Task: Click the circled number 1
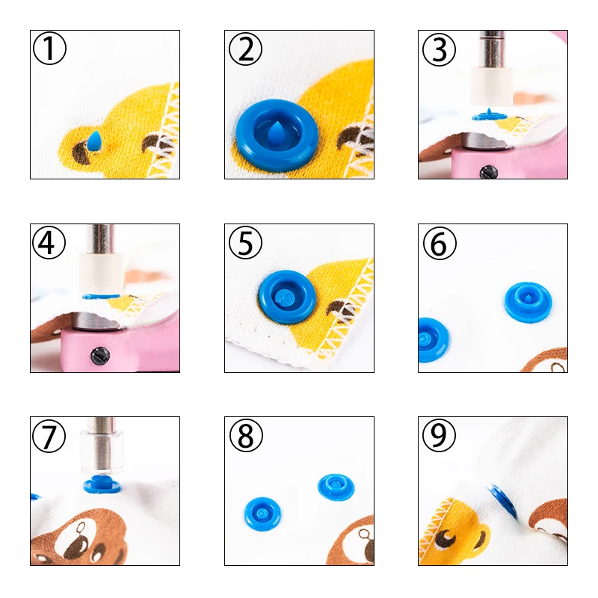49,49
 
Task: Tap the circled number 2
245,49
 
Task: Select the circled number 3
439,49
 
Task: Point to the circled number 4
49,242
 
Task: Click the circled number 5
245,242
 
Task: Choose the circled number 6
440,244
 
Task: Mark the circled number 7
49,436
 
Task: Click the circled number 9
439,435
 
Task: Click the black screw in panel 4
100,357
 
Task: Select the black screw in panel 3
489,173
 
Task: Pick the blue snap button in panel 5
287,297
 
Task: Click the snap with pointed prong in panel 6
528,301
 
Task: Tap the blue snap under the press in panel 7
102,484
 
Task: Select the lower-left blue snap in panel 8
262,514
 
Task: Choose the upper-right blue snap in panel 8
336,487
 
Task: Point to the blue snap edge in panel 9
503,501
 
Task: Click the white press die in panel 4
102,273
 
